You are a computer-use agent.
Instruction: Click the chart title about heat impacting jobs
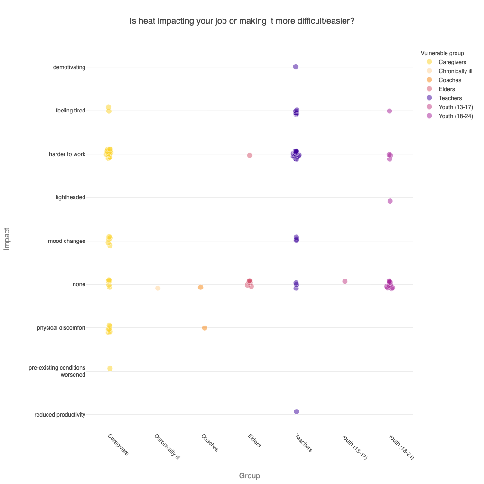242,21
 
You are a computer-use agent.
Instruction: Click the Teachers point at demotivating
296,66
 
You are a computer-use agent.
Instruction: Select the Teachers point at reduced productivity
297,411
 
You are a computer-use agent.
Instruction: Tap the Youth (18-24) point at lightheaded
390,201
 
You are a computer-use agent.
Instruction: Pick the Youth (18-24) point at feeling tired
390,111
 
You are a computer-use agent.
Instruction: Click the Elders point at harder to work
250,155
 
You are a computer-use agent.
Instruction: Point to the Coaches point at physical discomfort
205,328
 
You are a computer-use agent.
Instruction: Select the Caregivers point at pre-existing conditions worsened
110,368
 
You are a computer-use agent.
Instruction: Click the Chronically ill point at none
158,288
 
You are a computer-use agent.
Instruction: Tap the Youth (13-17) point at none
345,281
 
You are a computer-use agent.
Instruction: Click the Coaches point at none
201,287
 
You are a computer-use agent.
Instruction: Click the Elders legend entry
447,89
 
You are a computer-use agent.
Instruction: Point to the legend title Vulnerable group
442,53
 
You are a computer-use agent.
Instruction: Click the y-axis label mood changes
66,241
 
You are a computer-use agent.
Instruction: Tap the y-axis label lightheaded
70,197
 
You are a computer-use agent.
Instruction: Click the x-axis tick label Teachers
304,443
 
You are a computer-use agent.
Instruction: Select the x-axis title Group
249,475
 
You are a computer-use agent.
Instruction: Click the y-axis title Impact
7,239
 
